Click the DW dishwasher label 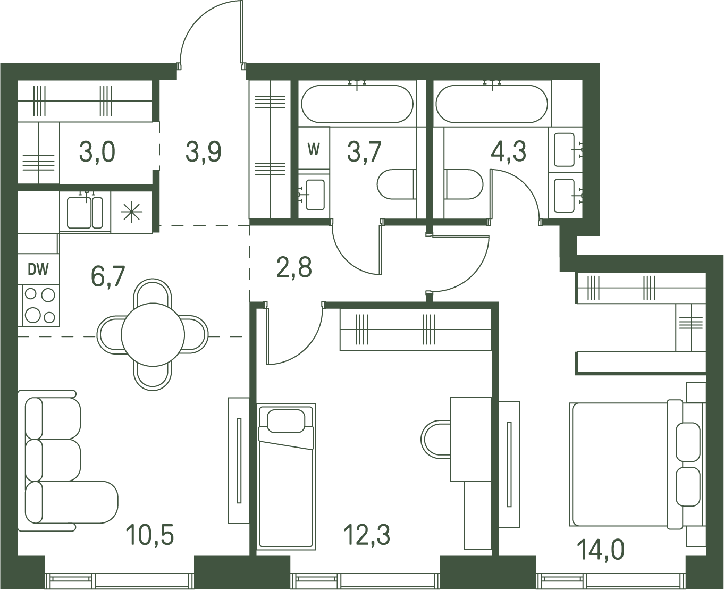pos(38,270)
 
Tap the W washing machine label pos(314,149)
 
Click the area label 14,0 pos(601,550)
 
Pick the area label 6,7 pos(108,277)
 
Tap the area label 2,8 pos(294,267)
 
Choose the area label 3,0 pos(97,152)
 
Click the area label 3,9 pos(204,152)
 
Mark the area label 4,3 pos(509,152)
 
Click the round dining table pos(153,335)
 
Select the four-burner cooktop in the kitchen pos(39,306)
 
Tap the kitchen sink pos(85,212)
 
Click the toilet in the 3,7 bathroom pos(397,184)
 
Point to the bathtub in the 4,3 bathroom pos(492,104)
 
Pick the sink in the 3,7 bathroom pos(315,195)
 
